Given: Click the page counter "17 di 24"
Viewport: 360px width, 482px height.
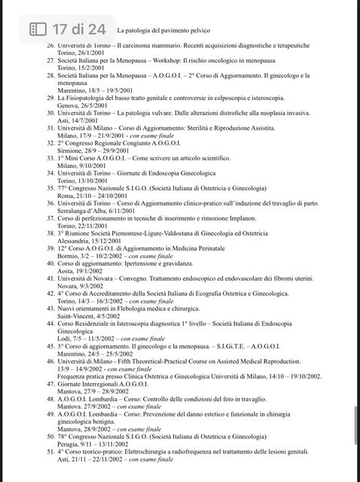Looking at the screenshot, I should [x=79, y=29].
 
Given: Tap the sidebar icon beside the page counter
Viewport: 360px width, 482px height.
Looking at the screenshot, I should [x=38, y=29].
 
